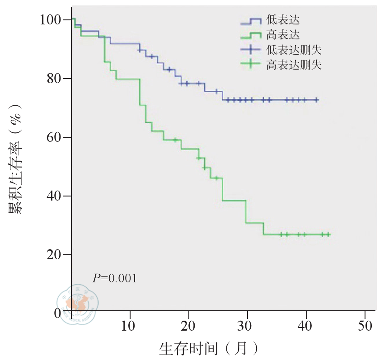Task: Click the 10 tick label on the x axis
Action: [x=130, y=326]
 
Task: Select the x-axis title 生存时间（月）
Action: [x=209, y=348]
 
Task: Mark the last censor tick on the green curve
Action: [x=328, y=234]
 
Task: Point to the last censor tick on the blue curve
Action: [x=316, y=100]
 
